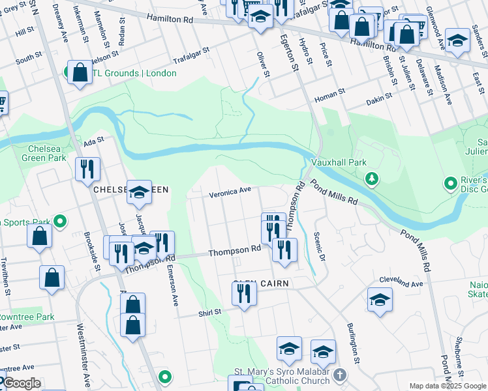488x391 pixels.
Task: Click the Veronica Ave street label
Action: [230, 192]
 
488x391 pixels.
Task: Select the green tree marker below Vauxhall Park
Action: [371, 178]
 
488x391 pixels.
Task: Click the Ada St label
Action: [94, 139]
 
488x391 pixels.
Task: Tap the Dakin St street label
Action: [378, 95]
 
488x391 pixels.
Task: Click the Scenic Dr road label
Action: [319, 244]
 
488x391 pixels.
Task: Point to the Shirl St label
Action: [210, 312]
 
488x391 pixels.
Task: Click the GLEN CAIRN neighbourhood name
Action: [261, 284]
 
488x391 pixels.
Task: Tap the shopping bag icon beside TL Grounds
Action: [80, 74]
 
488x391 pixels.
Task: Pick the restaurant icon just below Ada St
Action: [87, 171]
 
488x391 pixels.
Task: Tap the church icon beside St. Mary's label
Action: [339, 375]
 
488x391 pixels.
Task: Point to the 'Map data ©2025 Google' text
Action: [448, 386]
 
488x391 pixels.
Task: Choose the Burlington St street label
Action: [353, 343]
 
